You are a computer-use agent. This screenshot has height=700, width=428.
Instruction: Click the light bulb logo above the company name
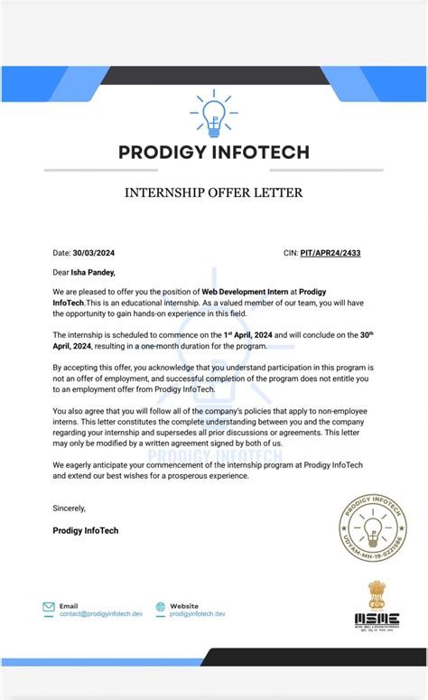click(213, 113)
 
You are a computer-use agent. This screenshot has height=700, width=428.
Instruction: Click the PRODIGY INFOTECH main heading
click(213, 152)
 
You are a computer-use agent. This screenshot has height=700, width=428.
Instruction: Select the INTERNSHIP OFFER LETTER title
click(213, 192)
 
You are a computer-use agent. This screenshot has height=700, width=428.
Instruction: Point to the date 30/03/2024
click(95, 253)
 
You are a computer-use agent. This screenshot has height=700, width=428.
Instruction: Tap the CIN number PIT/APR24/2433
click(330, 253)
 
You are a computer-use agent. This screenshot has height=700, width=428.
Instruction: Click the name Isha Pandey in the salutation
click(95, 272)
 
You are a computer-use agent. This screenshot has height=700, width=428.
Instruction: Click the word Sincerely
click(70, 509)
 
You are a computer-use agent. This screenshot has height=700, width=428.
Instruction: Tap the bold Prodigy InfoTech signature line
click(86, 530)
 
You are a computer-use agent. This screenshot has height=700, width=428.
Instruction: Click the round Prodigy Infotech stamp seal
click(372, 528)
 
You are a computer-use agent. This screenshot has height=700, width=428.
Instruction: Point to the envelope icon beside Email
click(49, 609)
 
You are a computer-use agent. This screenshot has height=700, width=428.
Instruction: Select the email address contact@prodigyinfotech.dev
click(101, 614)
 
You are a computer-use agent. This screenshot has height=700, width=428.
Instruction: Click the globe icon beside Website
click(161, 609)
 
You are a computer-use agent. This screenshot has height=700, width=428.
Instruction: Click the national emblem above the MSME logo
click(375, 593)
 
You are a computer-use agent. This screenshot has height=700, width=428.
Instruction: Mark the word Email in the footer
click(69, 606)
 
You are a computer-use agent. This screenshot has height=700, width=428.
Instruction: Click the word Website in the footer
click(183, 606)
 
